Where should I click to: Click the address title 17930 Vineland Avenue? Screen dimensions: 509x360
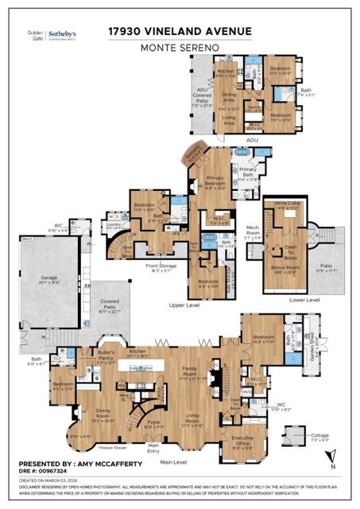(x=180, y=31)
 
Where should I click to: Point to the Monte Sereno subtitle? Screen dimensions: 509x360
(x=180, y=49)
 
